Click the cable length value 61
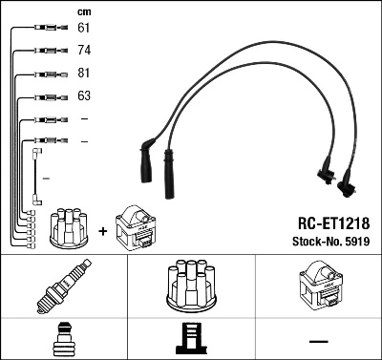tap(84, 28)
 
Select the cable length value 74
tap(84, 50)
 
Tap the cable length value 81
tap(84, 73)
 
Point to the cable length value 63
tap(84, 95)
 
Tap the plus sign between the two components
tap(101, 231)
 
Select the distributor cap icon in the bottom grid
tap(191, 287)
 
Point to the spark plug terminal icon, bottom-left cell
tap(63, 340)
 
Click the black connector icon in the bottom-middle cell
tap(191, 340)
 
